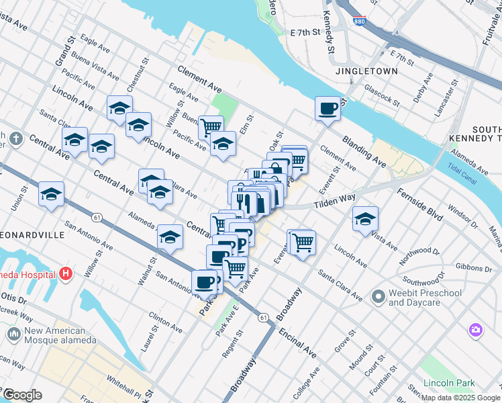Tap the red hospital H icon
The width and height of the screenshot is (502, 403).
(x=66, y=273)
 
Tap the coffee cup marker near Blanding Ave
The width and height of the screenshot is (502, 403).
(x=328, y=108)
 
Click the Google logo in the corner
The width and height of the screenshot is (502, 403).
(x=21, y=395)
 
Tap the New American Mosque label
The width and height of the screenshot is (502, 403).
(x=56, y=335)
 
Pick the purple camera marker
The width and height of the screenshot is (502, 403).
(x=476, y=329)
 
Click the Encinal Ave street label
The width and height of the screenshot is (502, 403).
(x=299, y=342)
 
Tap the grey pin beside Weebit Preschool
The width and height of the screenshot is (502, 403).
(x=379, y=296)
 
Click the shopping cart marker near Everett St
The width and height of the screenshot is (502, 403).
(x=303, y=242)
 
